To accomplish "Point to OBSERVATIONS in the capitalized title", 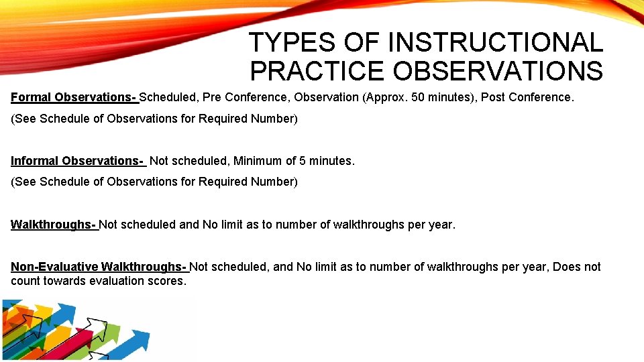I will click(x=498, y=70).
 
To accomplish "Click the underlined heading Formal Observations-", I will click(x=74, y=97).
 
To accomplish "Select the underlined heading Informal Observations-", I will click(x=78, y=161).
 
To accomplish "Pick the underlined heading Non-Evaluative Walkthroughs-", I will click(x=99, y=267).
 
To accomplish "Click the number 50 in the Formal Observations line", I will click(x=418, y=97).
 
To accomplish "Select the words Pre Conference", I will click(x=244, y=97).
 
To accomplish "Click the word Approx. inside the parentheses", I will click(x=386, y=97).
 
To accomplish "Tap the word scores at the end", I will click(x=166, y=281).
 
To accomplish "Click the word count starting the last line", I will click(x=25, y=281).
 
